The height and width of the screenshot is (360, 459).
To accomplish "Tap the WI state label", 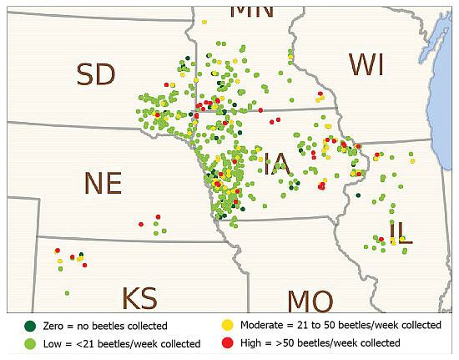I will (x=367, y=64).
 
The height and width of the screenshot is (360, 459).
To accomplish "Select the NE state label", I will (x=103, y=183).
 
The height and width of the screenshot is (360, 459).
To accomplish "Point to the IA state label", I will (x=275, y=164).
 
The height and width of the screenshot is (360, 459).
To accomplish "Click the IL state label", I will (x=401, y=231).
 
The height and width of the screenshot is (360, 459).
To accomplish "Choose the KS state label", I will (x=139, y=299).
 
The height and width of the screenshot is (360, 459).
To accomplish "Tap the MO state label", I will (x=310, y=302).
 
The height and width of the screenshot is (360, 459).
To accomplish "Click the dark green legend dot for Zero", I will (x=31, y=326).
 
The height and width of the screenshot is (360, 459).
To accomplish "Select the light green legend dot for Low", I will (x=31, y=343).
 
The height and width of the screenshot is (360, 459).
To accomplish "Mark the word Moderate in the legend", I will (x=265, y=326).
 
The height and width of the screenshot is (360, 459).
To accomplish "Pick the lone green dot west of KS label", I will (x=67, y=293).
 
